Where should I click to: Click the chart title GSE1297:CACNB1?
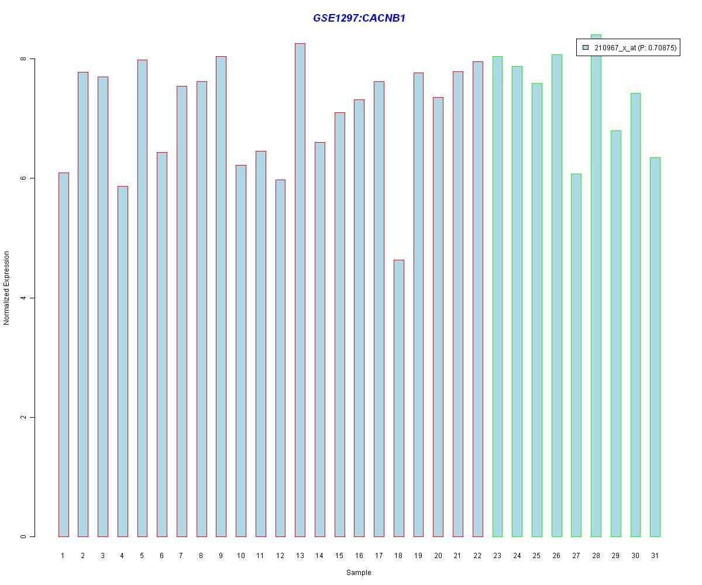click(359, 18)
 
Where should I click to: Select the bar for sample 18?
click(398, 398)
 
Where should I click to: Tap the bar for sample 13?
click(300, 290)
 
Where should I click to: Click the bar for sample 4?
click(122, 361)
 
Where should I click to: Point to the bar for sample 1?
click(63, 355)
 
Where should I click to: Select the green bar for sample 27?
click(576, 355)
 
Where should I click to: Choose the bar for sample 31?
click(655, 347)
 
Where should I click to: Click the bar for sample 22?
click(477, 299)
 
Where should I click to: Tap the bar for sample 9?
click(221, 296)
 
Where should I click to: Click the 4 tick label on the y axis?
click(23, 298)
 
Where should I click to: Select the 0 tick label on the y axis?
click(23, 536)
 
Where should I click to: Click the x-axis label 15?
click(339, 556)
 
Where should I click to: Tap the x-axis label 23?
click(497, 556)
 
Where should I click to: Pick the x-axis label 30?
click(635, 556)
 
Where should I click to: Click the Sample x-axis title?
click(359, 573)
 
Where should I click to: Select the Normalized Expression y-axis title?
click(7, 288)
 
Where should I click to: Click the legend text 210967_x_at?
click(614, 48)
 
